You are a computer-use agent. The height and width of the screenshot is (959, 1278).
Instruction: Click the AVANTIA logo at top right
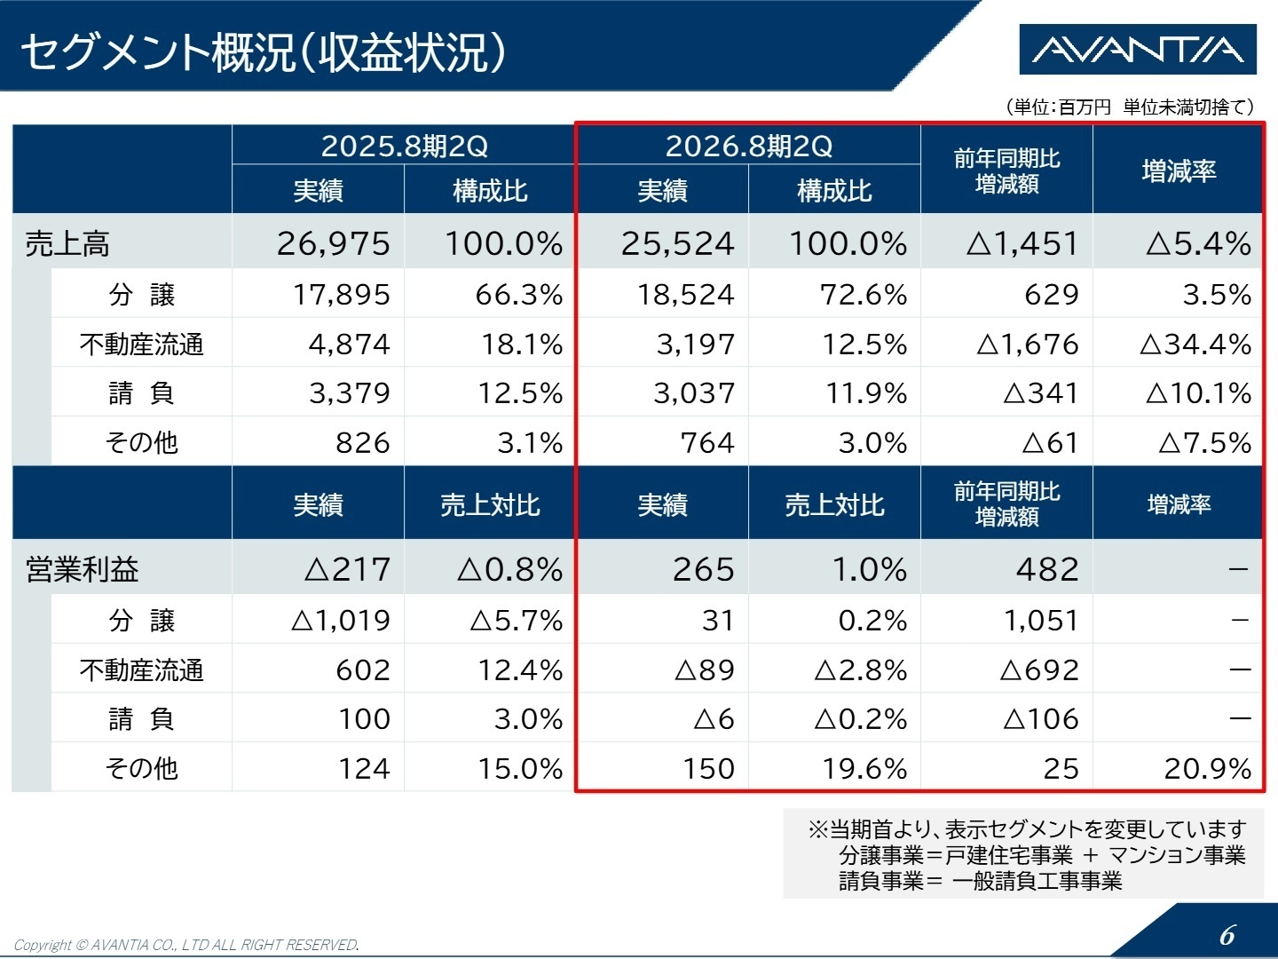click(x=1138, y=50)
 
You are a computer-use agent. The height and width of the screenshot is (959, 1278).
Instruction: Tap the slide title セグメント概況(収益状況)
click(x=263, y=52)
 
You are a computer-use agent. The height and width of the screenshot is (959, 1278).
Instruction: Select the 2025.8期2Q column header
click(x=405, y=146)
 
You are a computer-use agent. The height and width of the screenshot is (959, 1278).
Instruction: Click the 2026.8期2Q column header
click(x=749, y=146)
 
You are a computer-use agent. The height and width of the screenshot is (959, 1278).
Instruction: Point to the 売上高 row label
click(x=67, y=243)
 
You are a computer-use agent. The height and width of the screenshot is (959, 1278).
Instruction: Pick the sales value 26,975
click(x=333, y=243)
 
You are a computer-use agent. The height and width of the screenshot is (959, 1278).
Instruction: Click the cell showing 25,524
click(x=677, y=243)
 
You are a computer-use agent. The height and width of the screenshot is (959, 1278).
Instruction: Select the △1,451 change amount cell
click(x=1022, y=243)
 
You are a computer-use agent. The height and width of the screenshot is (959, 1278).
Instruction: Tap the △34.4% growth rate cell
click(x=1195, y=344)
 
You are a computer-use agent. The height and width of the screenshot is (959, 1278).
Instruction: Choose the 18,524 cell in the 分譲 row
click(x=685, y=295)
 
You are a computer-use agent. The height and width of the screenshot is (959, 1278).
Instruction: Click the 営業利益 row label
click(x=82, y=569)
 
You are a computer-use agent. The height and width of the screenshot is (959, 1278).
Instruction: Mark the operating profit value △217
click(x=347, y=569)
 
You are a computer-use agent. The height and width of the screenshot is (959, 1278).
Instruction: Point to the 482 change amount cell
click(x=1047, y=569)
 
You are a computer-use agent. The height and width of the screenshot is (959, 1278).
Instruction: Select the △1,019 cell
click(x=341, y=620)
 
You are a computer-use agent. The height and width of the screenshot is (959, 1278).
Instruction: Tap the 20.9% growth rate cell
click(x=1207, y=768)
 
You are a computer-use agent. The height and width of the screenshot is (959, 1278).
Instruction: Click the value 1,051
click(x=1040, y=620)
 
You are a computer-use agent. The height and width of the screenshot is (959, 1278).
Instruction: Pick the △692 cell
click(x=1039, y=670)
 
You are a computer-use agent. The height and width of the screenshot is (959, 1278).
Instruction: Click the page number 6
click(x=1227, y=935)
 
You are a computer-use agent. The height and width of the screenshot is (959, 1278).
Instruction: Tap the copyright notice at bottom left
click(x=186, y=945)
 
